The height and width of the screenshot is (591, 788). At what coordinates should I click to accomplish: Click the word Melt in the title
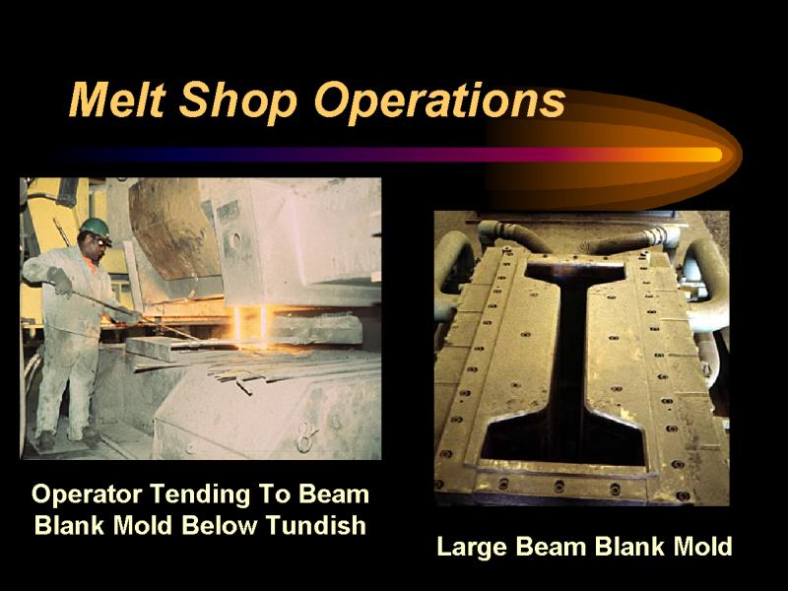pos(117,99)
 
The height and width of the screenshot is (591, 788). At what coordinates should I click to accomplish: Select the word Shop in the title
pos(238,101)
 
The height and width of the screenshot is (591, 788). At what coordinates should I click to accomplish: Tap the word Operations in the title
pos(439,101)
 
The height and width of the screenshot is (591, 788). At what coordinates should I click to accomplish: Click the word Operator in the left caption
pos(87,494)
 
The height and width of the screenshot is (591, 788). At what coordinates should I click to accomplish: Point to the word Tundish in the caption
pos(315,526)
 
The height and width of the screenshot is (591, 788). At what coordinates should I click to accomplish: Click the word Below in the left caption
pos(219,526)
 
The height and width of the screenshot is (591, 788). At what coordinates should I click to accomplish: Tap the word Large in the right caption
pos(471,547)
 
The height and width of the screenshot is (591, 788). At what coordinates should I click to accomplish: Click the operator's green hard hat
pos(96,228)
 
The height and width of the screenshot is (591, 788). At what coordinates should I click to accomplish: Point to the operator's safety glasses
pos(103,241)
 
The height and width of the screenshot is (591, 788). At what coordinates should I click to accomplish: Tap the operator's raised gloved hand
pos(61,281)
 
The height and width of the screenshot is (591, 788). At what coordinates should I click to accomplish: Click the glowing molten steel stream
pos(250,327)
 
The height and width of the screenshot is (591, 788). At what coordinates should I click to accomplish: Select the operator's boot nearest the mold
pos(92,435)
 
